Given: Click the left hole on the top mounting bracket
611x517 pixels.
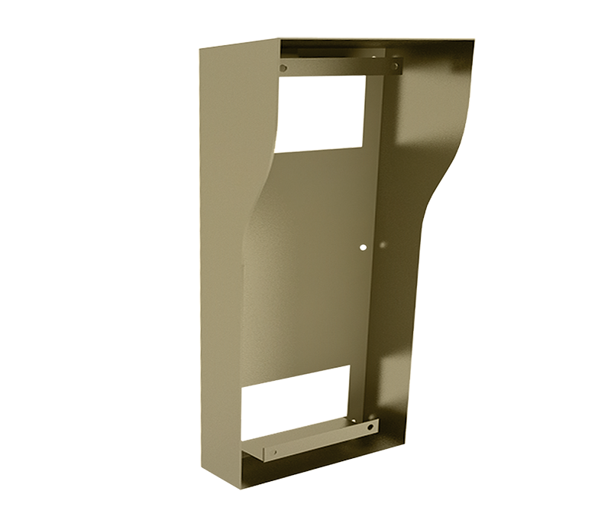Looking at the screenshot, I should tap(283, 68).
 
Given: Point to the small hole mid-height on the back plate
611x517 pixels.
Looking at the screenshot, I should tap(364, 247).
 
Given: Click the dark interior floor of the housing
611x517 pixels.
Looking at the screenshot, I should tap(305, 467).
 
